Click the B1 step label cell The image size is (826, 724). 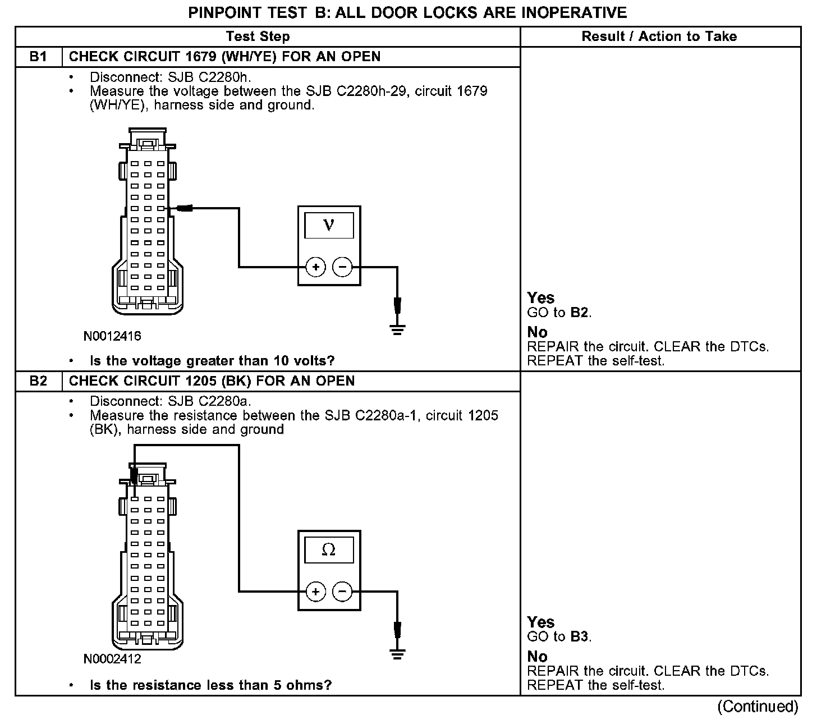point(38,57)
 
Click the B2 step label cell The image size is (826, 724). point(38,381)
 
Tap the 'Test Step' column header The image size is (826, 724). point(258,36)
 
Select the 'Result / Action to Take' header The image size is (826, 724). point(659,36)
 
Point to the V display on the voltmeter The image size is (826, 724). point(329,226)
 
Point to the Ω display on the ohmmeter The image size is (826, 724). point(329,550)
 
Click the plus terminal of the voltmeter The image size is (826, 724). point(316,267)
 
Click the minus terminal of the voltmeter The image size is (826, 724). point(342,267)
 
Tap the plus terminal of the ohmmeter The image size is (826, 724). point(316,592)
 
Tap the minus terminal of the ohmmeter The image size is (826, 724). point(342,592)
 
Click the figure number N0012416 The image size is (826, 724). point(112,336)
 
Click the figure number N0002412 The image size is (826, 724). point(112,659)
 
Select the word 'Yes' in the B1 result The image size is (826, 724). point(541,298)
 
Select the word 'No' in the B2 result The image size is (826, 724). point(538,656)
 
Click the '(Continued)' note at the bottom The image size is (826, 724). point(758,706)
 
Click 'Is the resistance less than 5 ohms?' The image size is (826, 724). point(210,685)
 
